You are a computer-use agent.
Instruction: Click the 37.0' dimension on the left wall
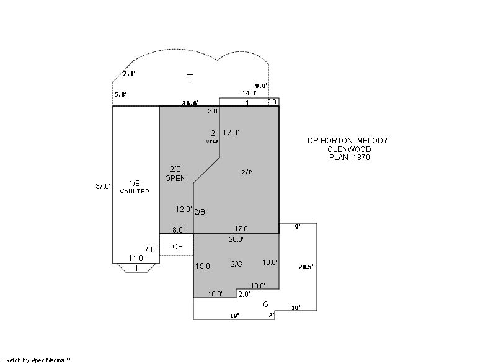pos(103,186)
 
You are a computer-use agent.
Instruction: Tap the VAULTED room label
pos(134,192)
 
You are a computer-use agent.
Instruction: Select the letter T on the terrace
pos(190,78)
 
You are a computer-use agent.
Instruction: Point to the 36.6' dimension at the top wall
pos(190,103)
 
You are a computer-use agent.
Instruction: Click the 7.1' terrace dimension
pos(129,73)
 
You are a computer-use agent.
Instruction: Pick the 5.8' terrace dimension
pos(120,94)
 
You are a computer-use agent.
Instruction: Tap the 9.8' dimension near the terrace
pos(261,86)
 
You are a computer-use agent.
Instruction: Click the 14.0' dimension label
pos(249,93)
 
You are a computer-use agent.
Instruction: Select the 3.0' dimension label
pos(213,111)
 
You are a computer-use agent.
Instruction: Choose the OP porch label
pos(177,246)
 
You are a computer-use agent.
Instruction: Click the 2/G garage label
pos(236,264)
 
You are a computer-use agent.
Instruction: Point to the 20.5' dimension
pos(306,267)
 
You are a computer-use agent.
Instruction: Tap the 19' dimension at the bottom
pos(234,316)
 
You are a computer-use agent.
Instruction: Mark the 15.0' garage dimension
pos(203,266)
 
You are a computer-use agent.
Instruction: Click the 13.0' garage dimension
pos(270,262)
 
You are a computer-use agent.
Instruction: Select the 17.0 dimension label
pos(241,229)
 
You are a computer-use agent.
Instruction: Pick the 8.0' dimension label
pos(179,230)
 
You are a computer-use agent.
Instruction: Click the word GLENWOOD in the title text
pos(349,149)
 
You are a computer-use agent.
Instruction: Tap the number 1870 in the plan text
pos(361,157)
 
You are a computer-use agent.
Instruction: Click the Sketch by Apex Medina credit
pos(37,360)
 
